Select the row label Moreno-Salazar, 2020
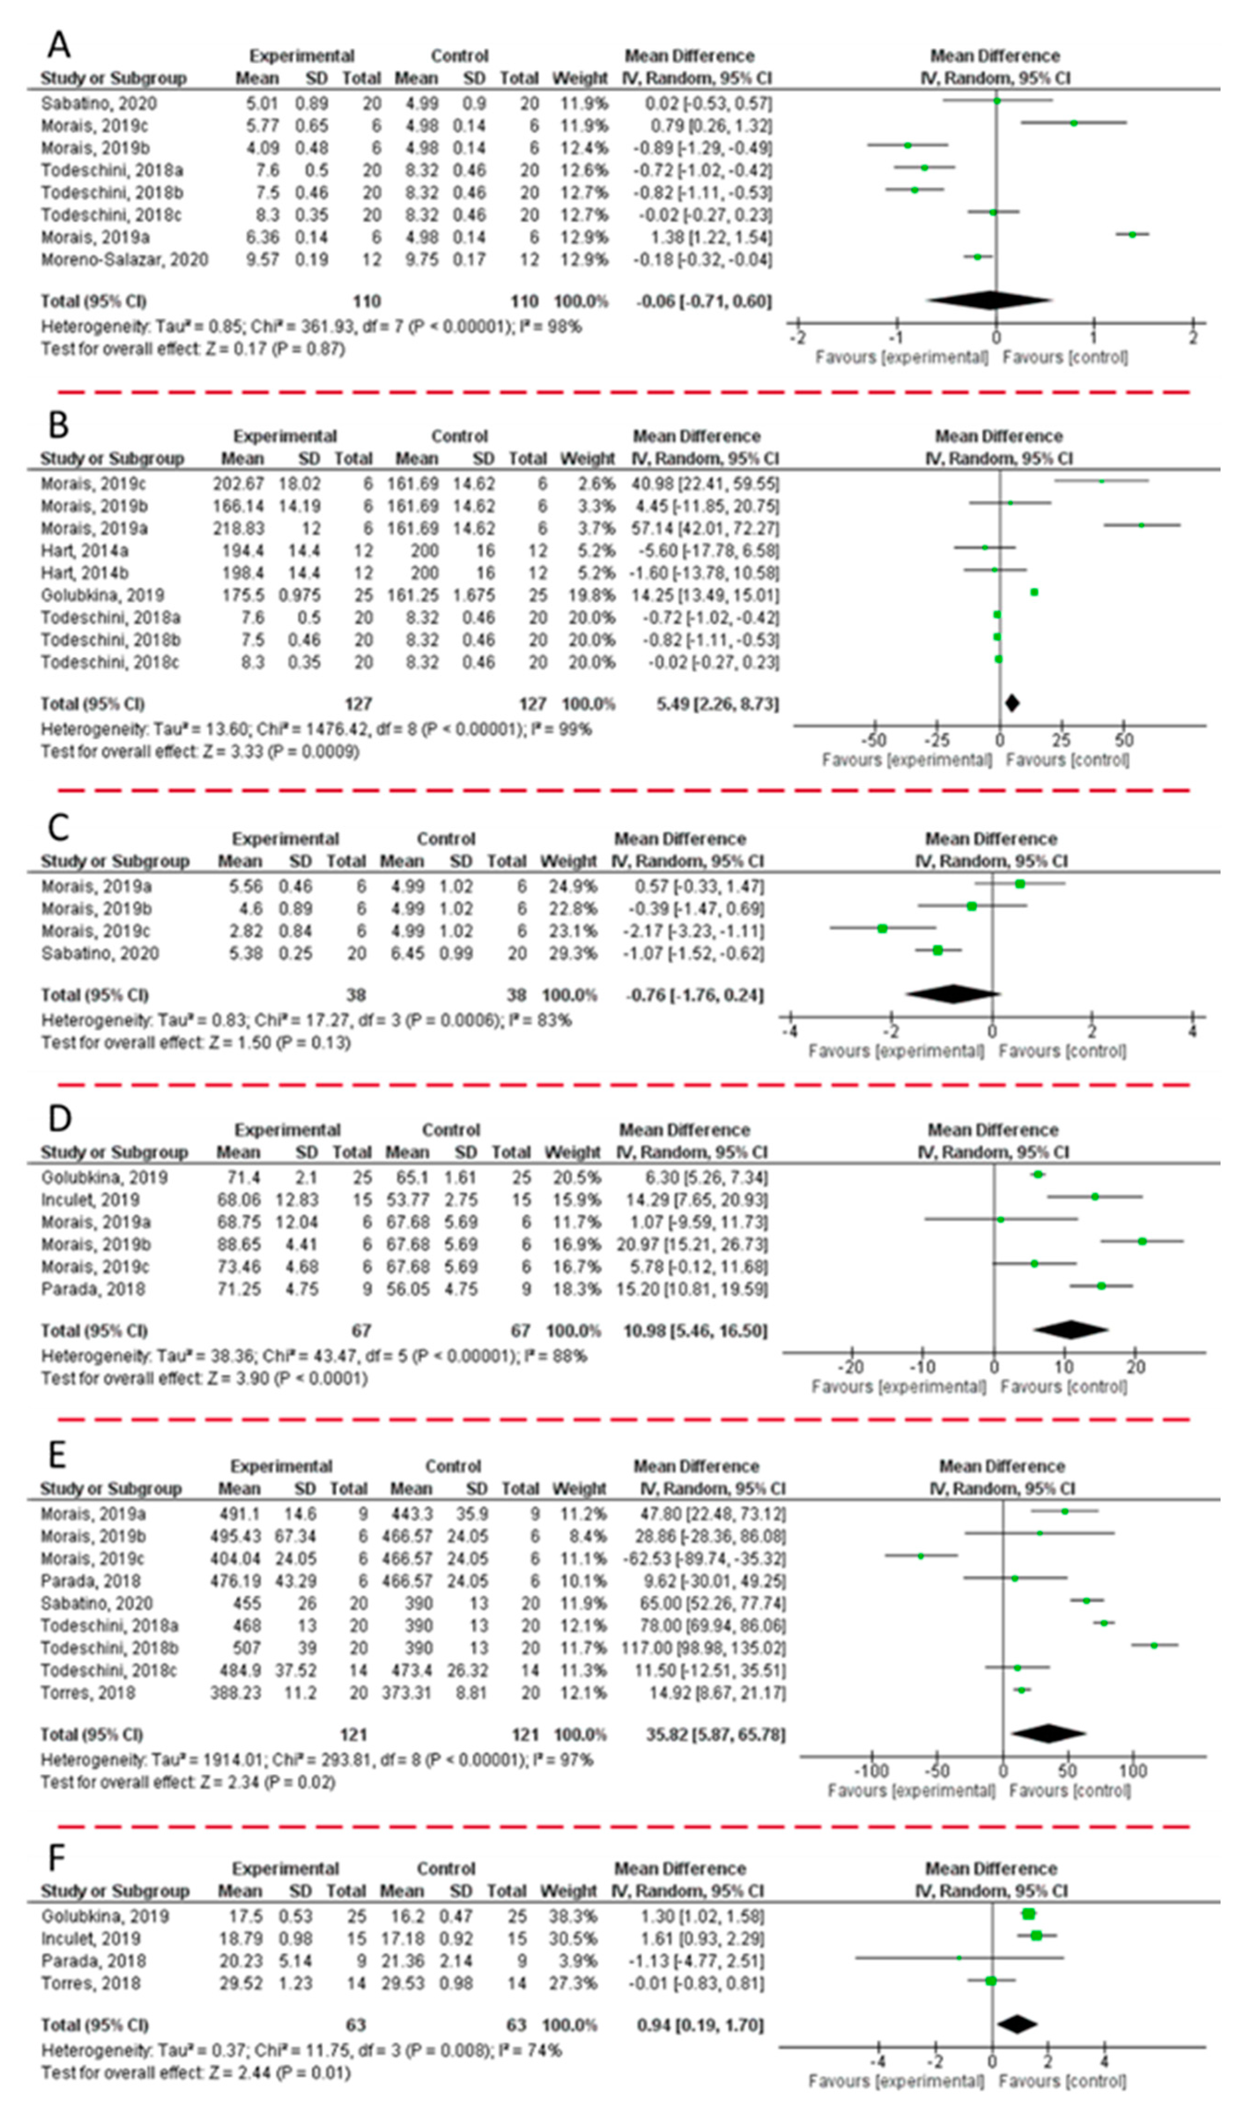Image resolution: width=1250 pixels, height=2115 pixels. (124, 260)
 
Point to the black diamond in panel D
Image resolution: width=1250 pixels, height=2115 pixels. (1071, 1330)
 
